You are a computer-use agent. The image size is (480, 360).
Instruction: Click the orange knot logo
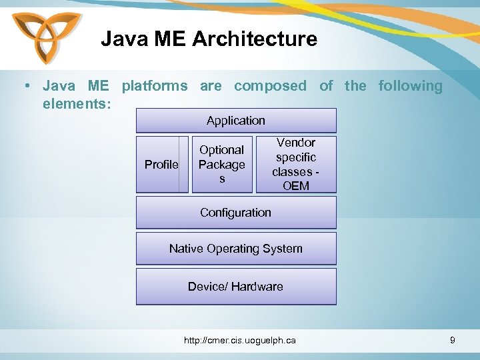pos(45,37)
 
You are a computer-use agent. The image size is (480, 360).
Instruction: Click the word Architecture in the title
pos(255,39)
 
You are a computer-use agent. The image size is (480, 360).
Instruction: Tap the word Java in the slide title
pos(121,39)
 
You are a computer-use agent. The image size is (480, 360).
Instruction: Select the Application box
pos(236,121)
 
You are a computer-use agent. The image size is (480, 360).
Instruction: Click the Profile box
pos(161,165)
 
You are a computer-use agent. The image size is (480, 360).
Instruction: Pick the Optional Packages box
pos(222,165)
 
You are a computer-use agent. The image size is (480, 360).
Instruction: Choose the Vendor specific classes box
pos(296,164)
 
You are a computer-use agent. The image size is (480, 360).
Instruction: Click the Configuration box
pos(236,213)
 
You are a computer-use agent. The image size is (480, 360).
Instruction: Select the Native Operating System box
pos(236,249)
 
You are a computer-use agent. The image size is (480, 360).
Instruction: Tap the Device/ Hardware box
pos(236,287)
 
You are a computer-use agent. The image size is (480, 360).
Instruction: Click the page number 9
pos(453,341)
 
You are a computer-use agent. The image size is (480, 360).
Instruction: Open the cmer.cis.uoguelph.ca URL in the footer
pos(240,341)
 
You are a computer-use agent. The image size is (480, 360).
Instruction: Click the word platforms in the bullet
pos(155,86)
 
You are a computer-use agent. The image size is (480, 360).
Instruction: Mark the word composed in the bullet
pos(270,86)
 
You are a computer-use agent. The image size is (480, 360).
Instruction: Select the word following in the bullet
pos(410,86)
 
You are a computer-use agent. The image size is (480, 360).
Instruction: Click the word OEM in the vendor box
pos(296,186)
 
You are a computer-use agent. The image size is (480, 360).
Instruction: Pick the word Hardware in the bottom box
pos(257,287)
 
